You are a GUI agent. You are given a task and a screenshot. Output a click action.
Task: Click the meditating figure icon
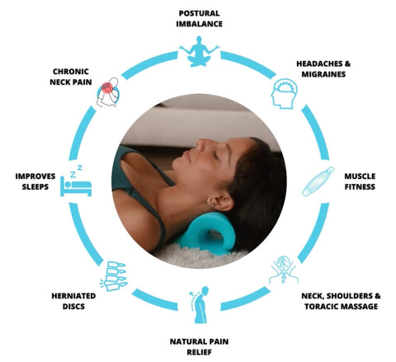pyautogui.click(x=199, y=51)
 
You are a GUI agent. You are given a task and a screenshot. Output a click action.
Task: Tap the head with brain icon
pyautogui.click(x=285, y=93)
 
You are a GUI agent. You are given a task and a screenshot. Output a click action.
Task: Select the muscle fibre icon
pyautogui.click(x=318, y=181)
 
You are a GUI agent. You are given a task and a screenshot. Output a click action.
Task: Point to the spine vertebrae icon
pyautogui.click(x=113, y=275)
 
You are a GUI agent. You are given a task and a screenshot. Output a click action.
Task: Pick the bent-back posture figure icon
pyautogui.click(x=200, y=304)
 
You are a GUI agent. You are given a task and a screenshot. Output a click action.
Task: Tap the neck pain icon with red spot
pyautogui.click(x=108, y=92)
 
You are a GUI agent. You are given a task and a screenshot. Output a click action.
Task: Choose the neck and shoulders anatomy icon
pyautogui.click(x=284, y=270)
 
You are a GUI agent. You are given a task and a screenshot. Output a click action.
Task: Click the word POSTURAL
pyautogui.click(x=199, y=13)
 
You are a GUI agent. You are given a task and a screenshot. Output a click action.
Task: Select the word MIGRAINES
pyautogui.click(x=323, y=74)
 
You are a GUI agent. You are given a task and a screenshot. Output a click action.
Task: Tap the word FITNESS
pyautogui.click(x=360, y=187)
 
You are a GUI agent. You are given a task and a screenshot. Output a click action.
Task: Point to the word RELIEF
pyautogui.click(x=199, y=352)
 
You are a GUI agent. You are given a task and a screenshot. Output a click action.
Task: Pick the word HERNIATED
pyautogui.click(x=73, y=296)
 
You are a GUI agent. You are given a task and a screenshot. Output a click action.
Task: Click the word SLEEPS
pyautogui.click(x=35, y=187)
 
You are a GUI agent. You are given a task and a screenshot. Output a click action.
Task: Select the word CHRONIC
pyautogui.click(x=71, y=72)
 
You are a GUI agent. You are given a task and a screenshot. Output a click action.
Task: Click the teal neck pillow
pyautogui.click(x=208, y=233)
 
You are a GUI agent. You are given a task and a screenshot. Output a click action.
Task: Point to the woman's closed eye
pyautogui.click(x=216, y=156)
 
